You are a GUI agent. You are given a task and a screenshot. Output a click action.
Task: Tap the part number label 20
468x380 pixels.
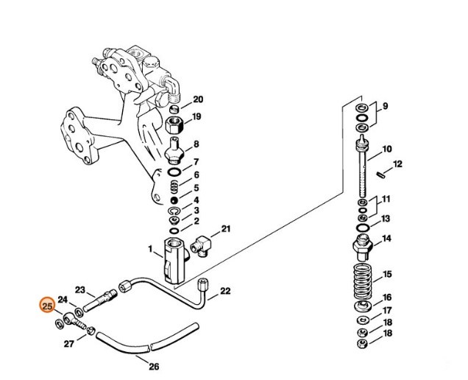tap(198, 99)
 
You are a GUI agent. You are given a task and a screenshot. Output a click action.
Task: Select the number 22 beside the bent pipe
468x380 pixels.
tap(225, 291)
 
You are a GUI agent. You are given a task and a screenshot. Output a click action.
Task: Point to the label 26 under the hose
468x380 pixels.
tap(154, 366)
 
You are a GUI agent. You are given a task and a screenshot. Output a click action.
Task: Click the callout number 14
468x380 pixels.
tap(386, 238)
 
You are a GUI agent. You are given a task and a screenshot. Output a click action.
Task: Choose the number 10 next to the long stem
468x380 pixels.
tap(386, 149)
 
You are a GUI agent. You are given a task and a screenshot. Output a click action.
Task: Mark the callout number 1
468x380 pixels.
tap(150, 251)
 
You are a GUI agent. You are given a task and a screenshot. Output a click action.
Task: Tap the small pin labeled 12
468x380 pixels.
tap(380, 175)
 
